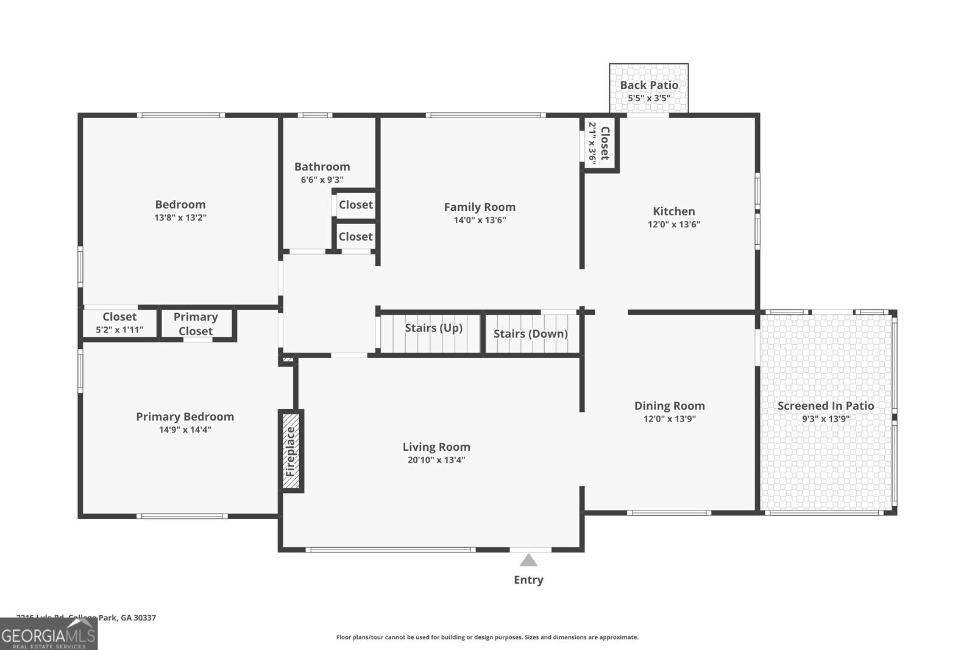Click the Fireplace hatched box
tap(291, 451)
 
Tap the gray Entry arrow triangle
tap(528, 560)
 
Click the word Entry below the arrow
tap(528, 580)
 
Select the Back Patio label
tap(649, 85)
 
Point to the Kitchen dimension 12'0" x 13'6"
tap(673, 224)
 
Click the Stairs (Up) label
tap(433, 328)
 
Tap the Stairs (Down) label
tap(530, 334)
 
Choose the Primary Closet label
tap(196, 324)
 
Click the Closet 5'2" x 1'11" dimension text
tap(119, 330)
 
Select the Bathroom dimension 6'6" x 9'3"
tap(322, 180)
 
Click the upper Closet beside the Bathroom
tap(355, 205)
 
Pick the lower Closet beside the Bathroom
tap(355, 236)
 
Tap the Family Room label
tap(480, 207)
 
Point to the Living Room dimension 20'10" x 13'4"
tap(436, 460)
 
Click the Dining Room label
tap(669, 406)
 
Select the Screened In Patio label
tap(825, 406)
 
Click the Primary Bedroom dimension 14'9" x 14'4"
tap(185, 429)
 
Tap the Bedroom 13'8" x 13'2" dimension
tap(180, 217)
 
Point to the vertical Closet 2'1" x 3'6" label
tap(599, 144)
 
